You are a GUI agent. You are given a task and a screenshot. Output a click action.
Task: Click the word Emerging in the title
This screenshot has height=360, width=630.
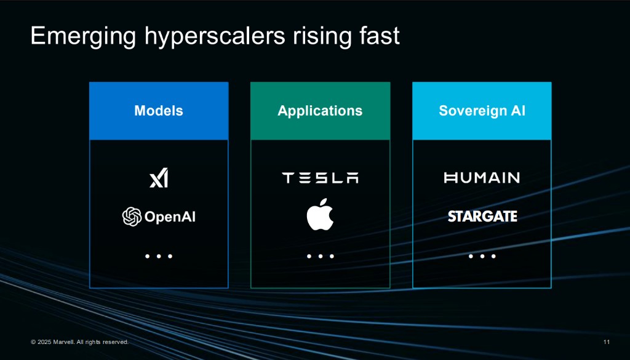click(x=84, y=37)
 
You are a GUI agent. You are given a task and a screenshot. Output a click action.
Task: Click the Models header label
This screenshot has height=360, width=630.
click(x=159, y=111)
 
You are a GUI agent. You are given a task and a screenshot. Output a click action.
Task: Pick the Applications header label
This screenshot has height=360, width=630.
click(x=320, y=111)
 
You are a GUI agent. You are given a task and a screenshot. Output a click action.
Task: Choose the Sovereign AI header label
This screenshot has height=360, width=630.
click(x=482, y=111)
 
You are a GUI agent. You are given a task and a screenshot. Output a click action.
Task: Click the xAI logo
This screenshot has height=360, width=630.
click(x=159, y=178)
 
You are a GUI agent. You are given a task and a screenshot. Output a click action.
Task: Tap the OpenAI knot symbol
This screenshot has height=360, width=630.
click(x=132, y=217)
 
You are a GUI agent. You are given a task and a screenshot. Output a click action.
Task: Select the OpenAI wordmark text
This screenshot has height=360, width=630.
click(x=170, y=217)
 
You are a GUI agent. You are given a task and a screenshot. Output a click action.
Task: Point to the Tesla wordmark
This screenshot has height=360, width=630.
click(x=320, y=178)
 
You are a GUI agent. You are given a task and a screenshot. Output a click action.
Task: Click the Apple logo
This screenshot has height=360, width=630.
click(x=320, y=214)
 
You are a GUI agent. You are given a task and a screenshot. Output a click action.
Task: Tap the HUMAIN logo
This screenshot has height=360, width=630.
click(x=482, y=178)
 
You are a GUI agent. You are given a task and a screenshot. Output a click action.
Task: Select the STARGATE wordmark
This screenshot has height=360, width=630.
click(x=482, y=217)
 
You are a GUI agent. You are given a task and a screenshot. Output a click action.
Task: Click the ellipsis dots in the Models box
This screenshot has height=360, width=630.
click(x=159, y=257)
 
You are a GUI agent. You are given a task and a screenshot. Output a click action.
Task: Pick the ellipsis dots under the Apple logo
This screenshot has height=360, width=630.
click(x=320, y=257)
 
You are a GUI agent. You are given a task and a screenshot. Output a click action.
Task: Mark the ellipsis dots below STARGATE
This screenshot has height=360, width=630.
click(x=482, y=257)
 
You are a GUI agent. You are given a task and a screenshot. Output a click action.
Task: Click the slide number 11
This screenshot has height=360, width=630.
click(x=606, y=342)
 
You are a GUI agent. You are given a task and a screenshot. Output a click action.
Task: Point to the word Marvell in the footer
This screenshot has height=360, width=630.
click(x=63, y=342)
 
